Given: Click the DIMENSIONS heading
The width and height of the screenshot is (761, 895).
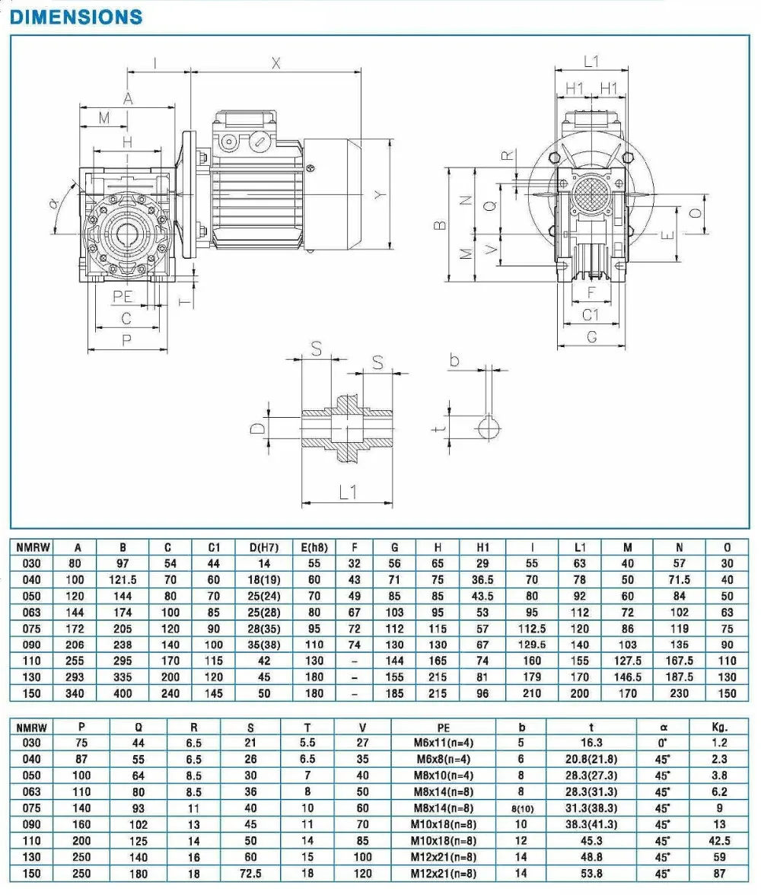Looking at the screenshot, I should point(76,17).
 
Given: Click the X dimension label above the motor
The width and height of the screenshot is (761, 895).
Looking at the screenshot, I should point(276,64).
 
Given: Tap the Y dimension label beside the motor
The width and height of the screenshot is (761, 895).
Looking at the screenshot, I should point(380,195).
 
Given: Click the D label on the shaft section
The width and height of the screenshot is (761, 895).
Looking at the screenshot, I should point(258,428).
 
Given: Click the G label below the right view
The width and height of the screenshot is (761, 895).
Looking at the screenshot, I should point(592,336).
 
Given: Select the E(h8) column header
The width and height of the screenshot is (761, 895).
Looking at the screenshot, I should point(314,547).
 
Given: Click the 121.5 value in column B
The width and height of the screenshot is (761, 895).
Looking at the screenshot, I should point(123,580).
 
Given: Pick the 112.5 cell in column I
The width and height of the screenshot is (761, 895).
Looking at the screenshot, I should point(532,629).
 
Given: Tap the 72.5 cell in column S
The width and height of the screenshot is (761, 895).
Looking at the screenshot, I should point(250,874).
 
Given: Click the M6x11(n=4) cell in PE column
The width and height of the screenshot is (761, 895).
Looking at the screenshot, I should point(443,743).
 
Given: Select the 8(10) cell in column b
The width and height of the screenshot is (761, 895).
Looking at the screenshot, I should point(521,809).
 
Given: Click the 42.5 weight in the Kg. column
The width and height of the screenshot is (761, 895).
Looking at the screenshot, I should point(719,841).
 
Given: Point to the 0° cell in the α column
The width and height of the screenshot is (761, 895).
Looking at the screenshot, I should point(664,743).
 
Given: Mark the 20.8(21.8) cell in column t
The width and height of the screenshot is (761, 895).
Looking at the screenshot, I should point(591,759).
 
